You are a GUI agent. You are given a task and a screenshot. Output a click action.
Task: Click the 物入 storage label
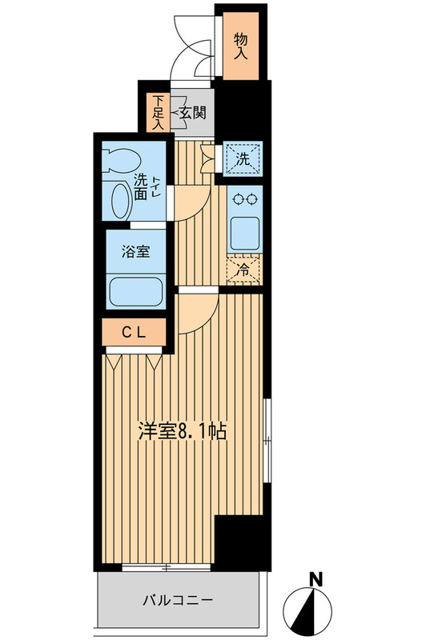tap(241, 46)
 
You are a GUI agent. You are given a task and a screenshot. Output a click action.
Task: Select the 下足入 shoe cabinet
tap(158, 112)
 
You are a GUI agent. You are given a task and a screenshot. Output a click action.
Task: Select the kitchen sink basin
tap(242, 232)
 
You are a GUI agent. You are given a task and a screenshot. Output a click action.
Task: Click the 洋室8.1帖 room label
tap(184, 433)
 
